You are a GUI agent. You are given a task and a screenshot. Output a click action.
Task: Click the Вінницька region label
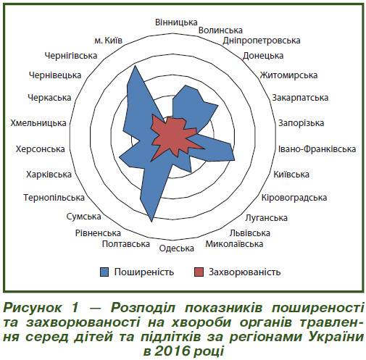pos(176,22)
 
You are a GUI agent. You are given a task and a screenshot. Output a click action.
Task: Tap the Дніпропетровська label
pos(262,41)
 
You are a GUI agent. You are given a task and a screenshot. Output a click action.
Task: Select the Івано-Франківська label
pos(317,149)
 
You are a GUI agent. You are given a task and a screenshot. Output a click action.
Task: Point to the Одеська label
pos(176,248)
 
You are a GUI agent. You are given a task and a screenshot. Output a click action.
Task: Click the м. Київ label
pos(109,41)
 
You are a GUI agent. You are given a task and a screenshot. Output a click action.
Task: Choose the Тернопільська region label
pos(54,198)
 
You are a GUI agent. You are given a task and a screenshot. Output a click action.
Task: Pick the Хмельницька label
pos(38,123)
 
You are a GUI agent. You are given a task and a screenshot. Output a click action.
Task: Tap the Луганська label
pos(266,218)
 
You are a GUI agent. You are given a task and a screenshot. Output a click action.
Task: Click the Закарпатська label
pos(300,98)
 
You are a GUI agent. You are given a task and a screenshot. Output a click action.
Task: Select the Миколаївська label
pos(234,244)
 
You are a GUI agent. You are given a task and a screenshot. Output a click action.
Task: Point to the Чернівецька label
pos(55,75)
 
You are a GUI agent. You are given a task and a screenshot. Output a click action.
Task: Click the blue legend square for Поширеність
pos(104,272)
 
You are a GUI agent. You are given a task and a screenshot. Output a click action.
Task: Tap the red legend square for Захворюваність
pos(199,272)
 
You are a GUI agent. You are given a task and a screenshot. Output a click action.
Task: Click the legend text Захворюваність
pos(244,272)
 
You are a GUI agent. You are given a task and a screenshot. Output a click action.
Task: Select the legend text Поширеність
pos(144,272)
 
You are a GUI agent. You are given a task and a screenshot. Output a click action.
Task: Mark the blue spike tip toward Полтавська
pos(151,222)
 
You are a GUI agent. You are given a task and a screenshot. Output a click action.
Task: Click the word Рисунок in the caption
pos(33,308)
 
